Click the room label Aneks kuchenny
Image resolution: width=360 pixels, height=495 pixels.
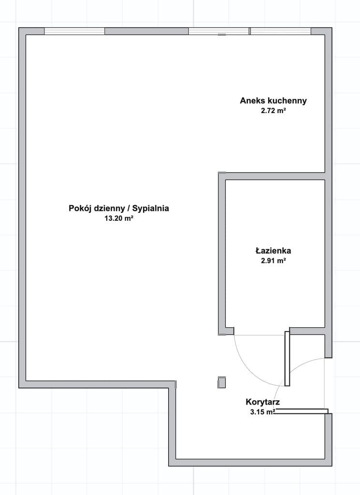point(273,101)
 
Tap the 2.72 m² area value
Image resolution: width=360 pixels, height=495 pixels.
point(273,111)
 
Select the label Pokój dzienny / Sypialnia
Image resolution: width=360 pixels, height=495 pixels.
point(119,208)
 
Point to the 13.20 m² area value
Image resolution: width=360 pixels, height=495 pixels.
point(119,218)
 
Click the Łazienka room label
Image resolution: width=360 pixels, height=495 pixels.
point(273,251)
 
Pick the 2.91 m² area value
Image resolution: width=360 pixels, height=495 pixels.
point(273,261)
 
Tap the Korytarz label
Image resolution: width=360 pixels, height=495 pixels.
point(262,402)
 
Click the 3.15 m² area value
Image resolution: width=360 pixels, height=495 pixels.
point(262,412)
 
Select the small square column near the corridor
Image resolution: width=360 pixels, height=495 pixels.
point(222,382)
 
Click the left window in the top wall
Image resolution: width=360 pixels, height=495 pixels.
point(74,31)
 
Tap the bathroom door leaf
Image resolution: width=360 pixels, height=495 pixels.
point(287,358)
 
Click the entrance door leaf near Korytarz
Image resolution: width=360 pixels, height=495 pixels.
point(302,411)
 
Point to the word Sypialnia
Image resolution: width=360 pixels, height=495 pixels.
point(150,208)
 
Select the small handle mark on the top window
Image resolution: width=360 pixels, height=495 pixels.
point(222,35)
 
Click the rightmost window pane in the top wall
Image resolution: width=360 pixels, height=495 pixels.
point(280,31)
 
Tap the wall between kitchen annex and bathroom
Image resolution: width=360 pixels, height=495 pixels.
point(275,176)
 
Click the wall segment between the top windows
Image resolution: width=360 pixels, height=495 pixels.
point(147,31)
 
